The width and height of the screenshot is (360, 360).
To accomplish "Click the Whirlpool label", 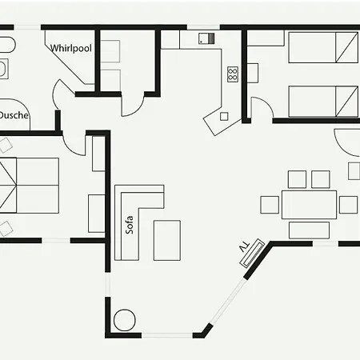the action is click(x=71, y=48).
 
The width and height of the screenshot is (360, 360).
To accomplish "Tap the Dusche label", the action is click(x=14, y=115).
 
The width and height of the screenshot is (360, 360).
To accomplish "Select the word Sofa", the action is click(x=130, y=225).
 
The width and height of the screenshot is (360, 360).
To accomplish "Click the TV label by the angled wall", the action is click(x=245, y=248).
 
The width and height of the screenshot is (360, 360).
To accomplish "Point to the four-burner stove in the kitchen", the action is click(x=233, y=74).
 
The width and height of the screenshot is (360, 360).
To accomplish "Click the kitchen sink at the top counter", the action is click(x=206, y=38).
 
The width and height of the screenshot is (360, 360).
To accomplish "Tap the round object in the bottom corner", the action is click(x=125, y=320).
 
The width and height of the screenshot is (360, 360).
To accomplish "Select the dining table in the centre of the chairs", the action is click(x=309, y=205).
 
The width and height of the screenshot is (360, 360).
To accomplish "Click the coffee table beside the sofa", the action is click(x=167, y=240).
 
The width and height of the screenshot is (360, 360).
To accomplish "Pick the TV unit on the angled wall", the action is click(x=252, y=253).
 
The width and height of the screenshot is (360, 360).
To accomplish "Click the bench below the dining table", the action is click(x=309, y=230).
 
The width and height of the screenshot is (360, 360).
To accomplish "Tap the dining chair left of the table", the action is click(x=270, y=205).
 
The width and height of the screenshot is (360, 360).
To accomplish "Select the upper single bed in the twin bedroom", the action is click(x=323, y=47).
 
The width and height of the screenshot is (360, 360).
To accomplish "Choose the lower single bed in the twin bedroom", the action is click(x=323, y=102).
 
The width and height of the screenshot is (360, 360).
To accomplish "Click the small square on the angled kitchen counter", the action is click(x=224, y=117).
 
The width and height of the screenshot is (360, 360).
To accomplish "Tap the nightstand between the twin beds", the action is click(x=253, y=73).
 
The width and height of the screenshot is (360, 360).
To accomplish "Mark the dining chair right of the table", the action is click(x=348, y=205).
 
